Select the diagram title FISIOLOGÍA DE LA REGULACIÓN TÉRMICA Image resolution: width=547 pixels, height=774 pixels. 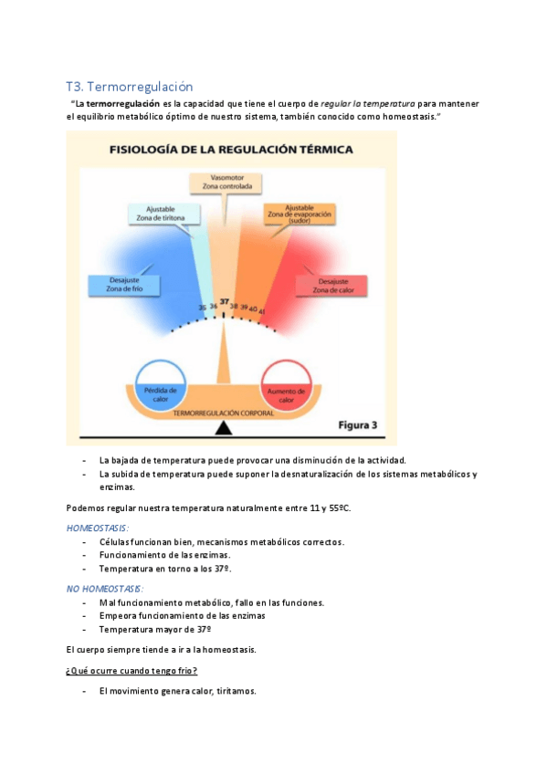(x=232, y=148)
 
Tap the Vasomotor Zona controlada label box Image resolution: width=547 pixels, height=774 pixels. (x=225, y=182)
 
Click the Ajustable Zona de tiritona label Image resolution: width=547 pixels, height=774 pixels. (x=161, y=214)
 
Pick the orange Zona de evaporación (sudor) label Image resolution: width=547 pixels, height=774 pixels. (x=300, y=214)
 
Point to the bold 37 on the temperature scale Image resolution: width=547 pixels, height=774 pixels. (x=224, y=301)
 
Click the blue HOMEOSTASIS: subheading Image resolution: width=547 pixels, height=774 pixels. (x=98, y=528)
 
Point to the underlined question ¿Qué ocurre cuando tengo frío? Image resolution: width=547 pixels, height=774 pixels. (x=131, y=671)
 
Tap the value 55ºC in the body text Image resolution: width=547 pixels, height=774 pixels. (x=337, y=507)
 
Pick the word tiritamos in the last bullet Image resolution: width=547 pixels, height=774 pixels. (x=235, y=691)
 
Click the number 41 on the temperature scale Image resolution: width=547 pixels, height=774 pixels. (x=262, y=311)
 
